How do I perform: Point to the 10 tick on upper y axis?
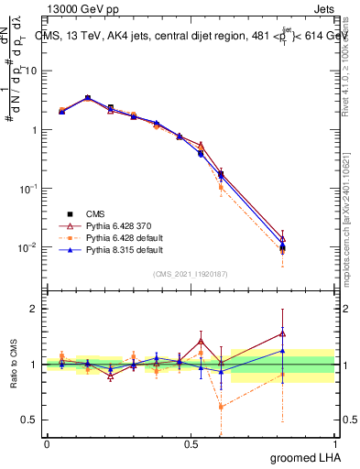tap(33, 71)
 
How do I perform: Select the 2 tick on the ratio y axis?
tap(37, 308)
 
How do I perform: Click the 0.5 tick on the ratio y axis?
tap(33, 421)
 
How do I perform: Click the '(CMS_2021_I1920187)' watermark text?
tap(191, 272)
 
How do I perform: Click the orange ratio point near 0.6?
tap(221, 407)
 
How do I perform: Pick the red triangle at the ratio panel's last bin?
tap(282, 333)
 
